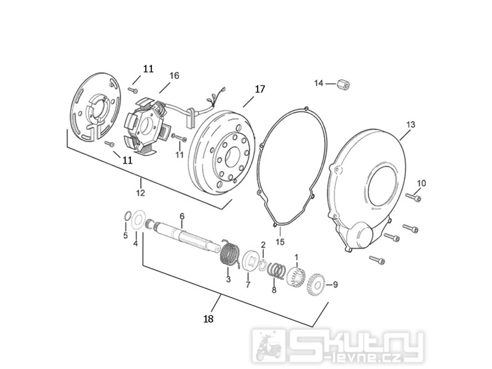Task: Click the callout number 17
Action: coord(260,89)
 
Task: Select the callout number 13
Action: coord(410,125)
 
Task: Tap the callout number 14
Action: coord(319,83)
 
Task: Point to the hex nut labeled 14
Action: coord(343,84)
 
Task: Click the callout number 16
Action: coord(174,76)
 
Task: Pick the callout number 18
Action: coord(208,319)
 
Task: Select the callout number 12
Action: coord(141,192)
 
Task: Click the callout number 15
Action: coord(280,242)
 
